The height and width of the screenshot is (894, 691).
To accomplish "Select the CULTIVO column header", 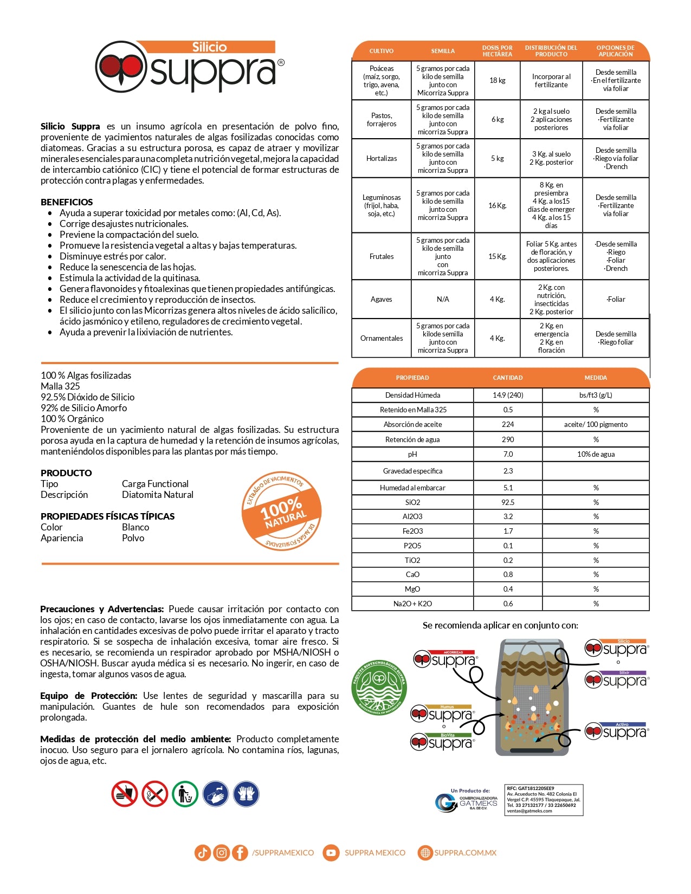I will coord(382,51).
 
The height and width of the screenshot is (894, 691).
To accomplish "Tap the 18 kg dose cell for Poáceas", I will coord(497,81).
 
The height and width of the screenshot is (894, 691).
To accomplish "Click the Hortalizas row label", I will coord(382,159).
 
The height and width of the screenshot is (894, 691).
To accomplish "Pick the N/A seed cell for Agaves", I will coord(443,299).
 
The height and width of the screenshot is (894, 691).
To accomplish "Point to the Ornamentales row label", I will coord(382,338).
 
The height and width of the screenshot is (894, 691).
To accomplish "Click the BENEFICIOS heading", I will coord(67,202).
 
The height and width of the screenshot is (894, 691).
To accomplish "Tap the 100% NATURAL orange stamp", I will coord(282,510).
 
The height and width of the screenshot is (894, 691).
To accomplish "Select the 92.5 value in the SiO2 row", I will coord(508,502).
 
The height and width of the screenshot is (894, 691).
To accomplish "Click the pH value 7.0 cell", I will coord(508,454).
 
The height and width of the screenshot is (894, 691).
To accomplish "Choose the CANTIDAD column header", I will coord(508,378).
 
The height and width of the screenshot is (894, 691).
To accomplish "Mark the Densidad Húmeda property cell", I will coord(412,395).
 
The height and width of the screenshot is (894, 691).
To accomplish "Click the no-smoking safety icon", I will coord(155,794).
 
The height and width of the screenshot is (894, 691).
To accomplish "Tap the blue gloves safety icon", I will coord(246,794).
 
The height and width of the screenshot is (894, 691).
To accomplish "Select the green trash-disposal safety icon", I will coord(185,794).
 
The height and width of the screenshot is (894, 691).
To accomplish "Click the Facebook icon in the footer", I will coord(240,853).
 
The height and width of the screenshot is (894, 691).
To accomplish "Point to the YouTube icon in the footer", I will coord(330,853).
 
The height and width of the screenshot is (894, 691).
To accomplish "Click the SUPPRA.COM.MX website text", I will coord(465,853).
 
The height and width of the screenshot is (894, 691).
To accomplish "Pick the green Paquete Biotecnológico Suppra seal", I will coord(379,687).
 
